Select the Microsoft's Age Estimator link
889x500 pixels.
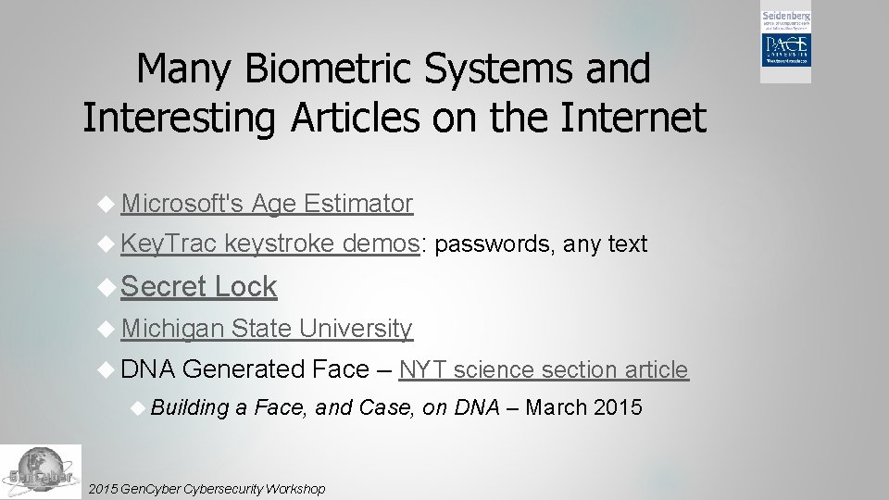(266, 203)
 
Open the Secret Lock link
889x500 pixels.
(198, 287)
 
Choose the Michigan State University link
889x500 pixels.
(266, 328)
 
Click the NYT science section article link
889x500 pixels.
(544, 369)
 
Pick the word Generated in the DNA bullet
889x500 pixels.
(244, 369)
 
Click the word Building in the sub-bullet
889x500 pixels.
(190, 407)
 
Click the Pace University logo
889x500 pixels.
(785, 47)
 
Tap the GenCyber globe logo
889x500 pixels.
(40, 471)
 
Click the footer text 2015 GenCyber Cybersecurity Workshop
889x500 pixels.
(205, 488)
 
